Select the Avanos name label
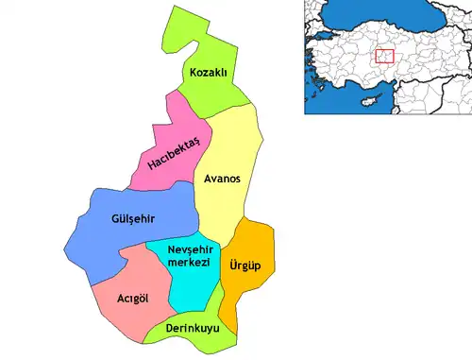[224, 179]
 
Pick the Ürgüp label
[246, 266]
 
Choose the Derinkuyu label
[193, 328]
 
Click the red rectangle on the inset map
[384, 57]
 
